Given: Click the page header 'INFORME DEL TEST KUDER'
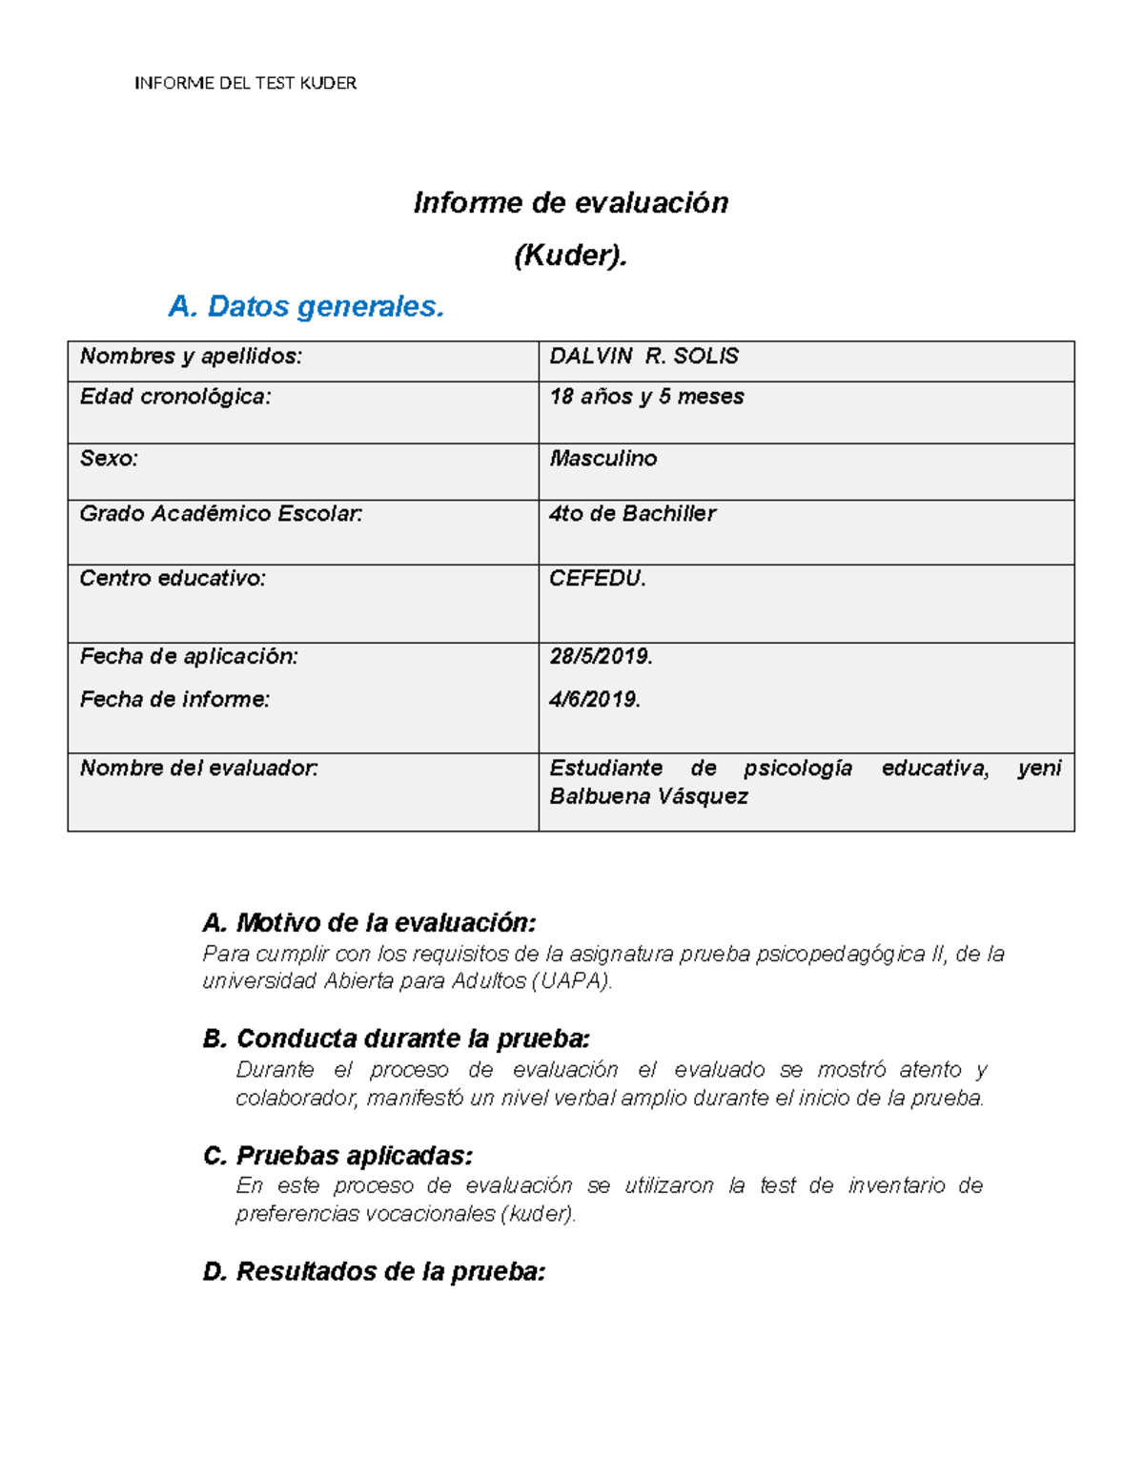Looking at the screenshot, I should [x=245, y=83].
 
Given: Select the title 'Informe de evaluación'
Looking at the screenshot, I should [x=570, y=202].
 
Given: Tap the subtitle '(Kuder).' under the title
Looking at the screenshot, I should [x=570, y=256].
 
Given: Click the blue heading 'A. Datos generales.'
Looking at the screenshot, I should [x=306, y=306].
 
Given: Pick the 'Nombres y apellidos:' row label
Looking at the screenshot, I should [x=191, y=357].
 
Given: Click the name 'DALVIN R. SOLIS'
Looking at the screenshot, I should [x=643, y=357].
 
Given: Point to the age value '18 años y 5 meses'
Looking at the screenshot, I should [x=646, y=397].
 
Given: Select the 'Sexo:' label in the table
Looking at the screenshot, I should [x=109, y=459].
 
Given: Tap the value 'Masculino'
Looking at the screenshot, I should [x=603, y=459].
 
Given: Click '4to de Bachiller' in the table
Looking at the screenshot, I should [x=632, y=514].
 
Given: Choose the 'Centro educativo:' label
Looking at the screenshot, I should [x=173, y=578].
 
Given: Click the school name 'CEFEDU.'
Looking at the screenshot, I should [x=598, y=578].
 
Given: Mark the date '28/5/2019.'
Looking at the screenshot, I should [x=601, y=656].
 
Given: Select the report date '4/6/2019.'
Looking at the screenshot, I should [x=595, y=699].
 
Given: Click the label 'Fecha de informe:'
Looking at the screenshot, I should [x=174, y=699].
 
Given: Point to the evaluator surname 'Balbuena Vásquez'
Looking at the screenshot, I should [x=648, y=796].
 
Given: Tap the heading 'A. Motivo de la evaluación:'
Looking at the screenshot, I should [x=369, y=922].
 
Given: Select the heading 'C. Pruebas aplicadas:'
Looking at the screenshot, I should [x=337, y=1156].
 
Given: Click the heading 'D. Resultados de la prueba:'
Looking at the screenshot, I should [x=374, y=1271].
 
